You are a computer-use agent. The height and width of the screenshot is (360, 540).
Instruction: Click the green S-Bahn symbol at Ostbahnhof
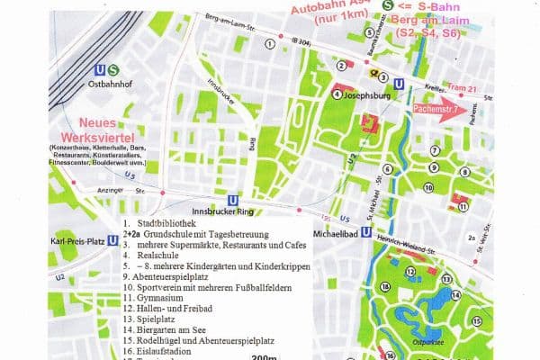point(112,69)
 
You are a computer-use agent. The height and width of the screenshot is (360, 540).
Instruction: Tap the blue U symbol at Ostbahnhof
point(99,69)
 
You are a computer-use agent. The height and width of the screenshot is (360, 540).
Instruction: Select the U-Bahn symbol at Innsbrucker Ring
point(233,203)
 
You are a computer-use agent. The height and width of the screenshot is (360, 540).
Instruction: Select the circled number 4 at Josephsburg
point(337,92)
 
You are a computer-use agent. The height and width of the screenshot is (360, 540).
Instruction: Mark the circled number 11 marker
point(463,207)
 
